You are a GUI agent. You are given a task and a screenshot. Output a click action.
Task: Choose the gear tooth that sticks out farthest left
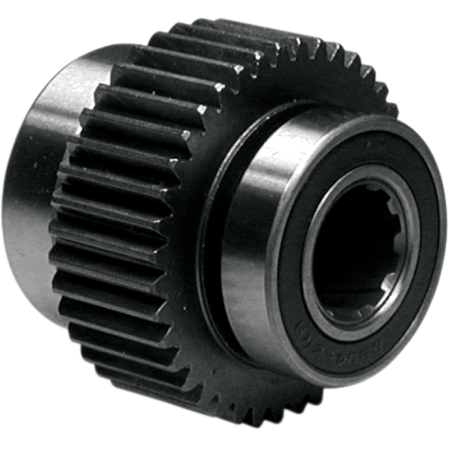coord(56,196)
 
